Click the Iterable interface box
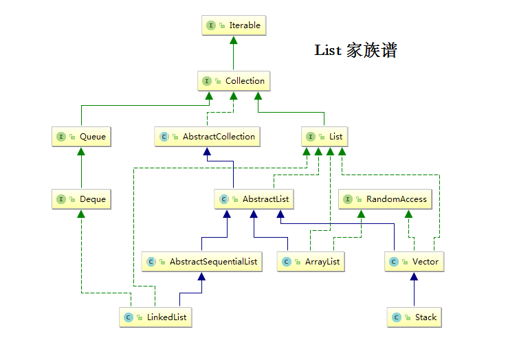pos(233,25)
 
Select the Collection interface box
pos(234,81)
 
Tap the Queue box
pos(82,137)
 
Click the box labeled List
pos(324,137)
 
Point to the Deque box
pos(82,199)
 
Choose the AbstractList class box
pos(254,199)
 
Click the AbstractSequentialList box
pos(202,262)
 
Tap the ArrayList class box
pos(310,262)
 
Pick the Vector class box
pos(414,262)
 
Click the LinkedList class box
pos(156,317)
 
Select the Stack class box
pos(414,317)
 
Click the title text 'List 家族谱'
pos(355,50)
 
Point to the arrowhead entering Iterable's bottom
pos(233,40)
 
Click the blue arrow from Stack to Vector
pos(414,292)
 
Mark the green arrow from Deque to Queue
pos(82,168)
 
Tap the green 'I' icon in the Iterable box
pos(210,25)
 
